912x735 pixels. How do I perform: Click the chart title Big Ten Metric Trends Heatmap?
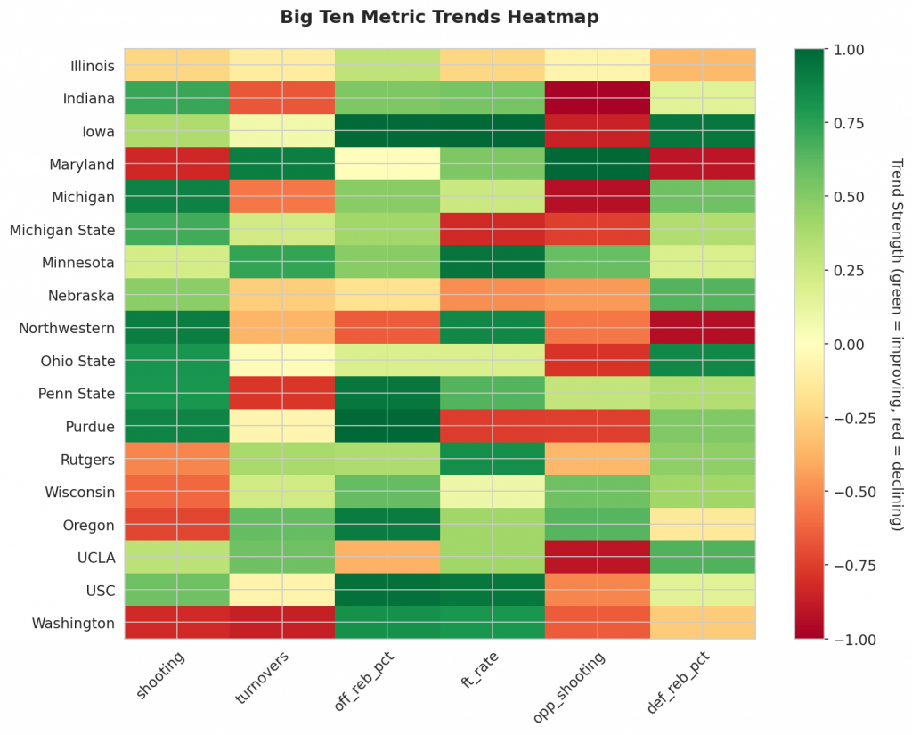(439, 17)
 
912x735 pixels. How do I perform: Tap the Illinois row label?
(93, 66)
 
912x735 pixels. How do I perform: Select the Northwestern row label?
(67, 328)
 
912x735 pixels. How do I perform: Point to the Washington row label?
(73, 623)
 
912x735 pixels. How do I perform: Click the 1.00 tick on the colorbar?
(848, 50)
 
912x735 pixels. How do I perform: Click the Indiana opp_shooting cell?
(598, 98)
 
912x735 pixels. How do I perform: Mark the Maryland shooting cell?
(177, 164)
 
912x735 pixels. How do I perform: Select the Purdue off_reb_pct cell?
(387, 426)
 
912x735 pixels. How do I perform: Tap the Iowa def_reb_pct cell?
(703, 131)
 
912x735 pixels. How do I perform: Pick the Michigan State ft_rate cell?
(493, 230)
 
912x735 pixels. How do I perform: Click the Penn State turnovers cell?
(282, 393)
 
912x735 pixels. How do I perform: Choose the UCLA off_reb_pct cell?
(387, 557)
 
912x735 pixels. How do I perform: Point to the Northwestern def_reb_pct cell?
(703, 328)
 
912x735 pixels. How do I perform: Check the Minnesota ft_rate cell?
(493, 262)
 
